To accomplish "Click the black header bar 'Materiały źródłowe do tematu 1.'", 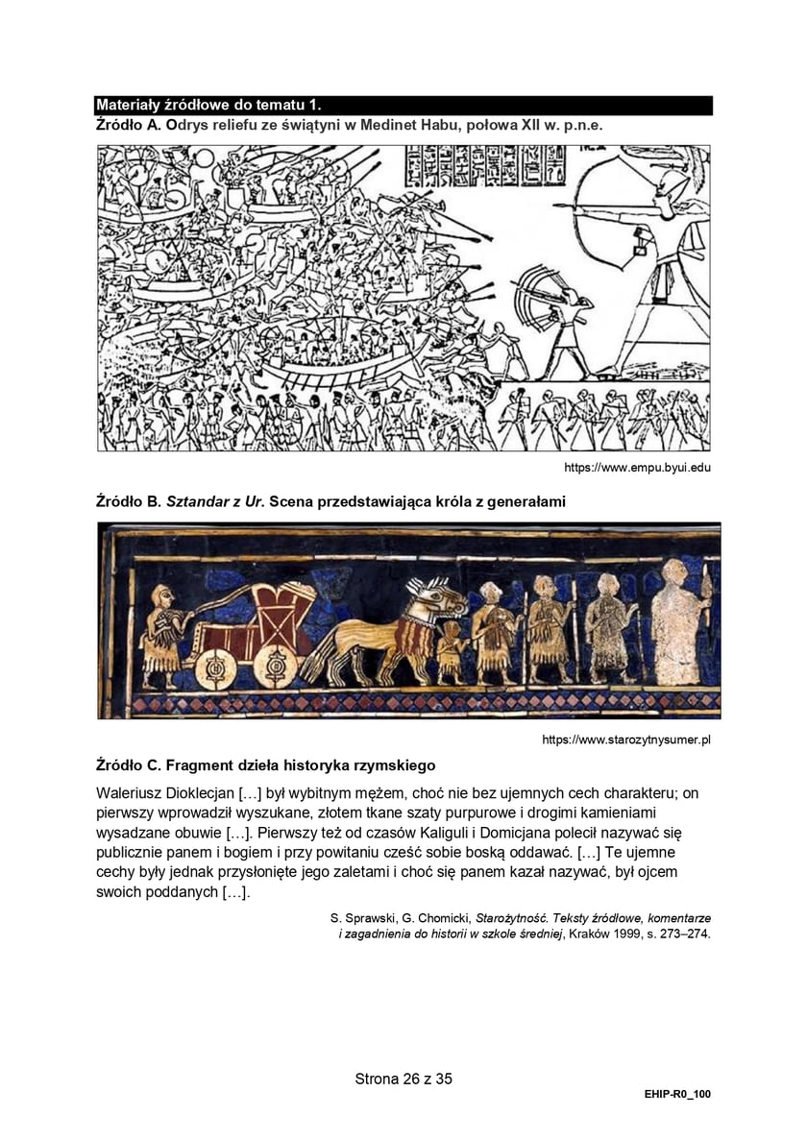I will coord(403,105).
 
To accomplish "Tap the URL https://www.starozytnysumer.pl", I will coord(626,740).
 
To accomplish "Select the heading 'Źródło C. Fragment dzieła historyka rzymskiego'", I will coord(266,765).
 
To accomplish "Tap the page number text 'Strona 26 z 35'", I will coord(403,1079).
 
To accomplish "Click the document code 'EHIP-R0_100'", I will coord(678,1094).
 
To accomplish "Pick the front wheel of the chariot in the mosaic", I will coord(275,666).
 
